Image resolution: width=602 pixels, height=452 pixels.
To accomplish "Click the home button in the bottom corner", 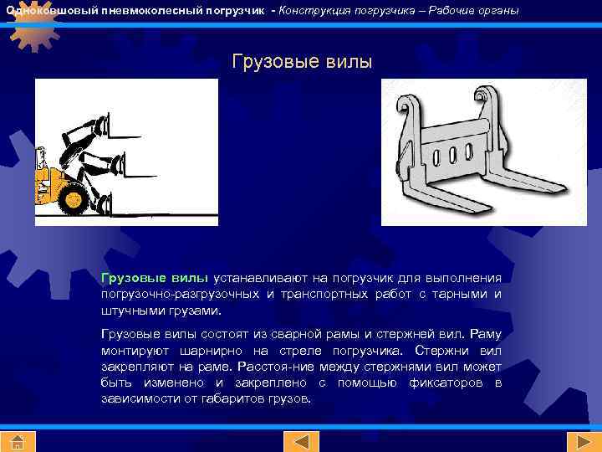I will [x=17, y=441].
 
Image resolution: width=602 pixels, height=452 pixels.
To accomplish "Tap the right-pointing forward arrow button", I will [x=579, y=441].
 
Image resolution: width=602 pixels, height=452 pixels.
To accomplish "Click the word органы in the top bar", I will [x=498, y=10].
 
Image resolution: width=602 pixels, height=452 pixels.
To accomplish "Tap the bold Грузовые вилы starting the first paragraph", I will [x=155, y=277].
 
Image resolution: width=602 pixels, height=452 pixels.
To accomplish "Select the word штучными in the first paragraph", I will [x=130, y=311].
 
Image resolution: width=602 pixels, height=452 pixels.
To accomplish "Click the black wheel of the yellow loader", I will [x=74, y=199].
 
